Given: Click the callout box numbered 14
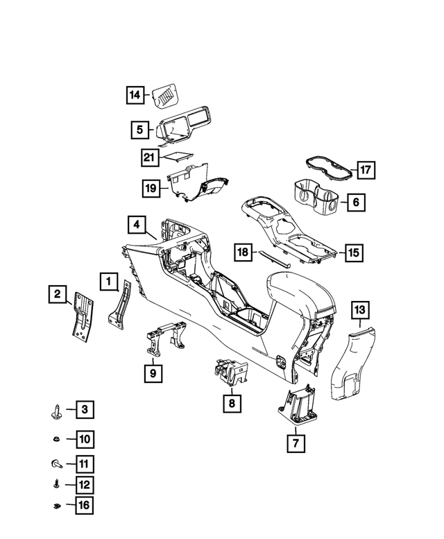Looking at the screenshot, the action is click(x=135, y=94).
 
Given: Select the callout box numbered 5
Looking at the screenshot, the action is click(x=139, y=130).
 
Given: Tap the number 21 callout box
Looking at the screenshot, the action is click(x=149, y=157).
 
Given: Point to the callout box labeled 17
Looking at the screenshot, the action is click(x=366, y=170).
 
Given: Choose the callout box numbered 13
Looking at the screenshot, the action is click(x=360, y=309).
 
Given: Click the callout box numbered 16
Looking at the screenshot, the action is click(x=84, y=505).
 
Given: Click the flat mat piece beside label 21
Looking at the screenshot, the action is click(x=178, y=155).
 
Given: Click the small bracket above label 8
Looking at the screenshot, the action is click(x=230, y=373).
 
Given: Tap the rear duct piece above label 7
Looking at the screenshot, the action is click(x=298, y=407).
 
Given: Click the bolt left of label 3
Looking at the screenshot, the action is click(x=56, y=411).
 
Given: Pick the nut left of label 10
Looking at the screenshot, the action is click(x=56, y=439).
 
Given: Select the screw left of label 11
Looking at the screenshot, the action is click(x=57, y=464).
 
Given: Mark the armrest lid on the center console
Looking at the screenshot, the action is click(x=300, y=291).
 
